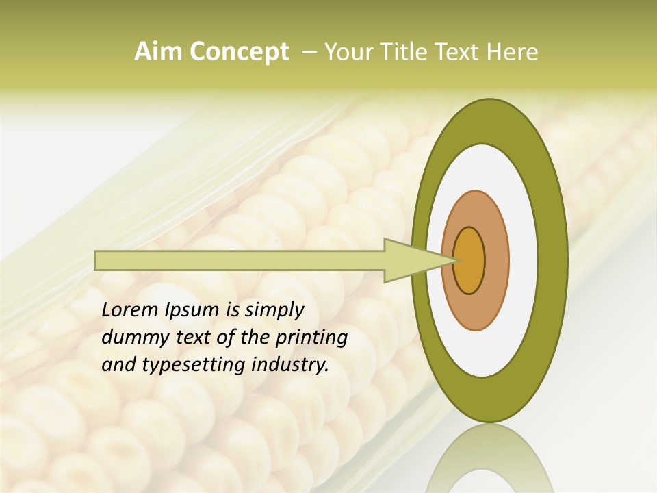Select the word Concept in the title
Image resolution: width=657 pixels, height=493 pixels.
(239, 52)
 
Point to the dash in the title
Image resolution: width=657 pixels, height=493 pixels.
(309, 52)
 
